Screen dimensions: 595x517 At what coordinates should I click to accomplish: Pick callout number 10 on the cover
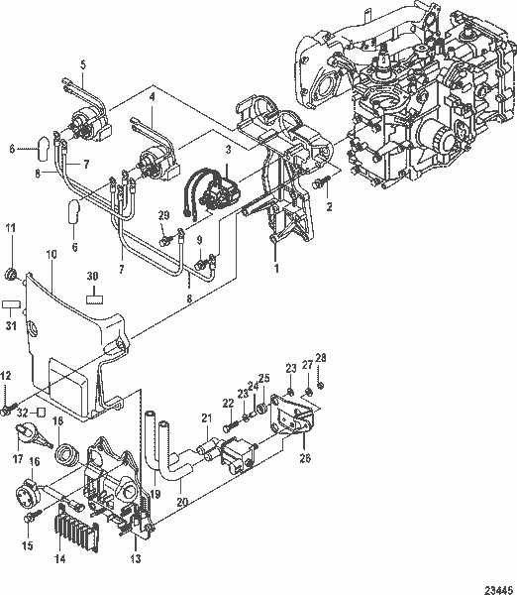point(51,255)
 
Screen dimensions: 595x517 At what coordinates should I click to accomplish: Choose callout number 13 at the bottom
point(136,559)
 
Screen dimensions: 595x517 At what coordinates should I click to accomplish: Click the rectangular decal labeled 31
point(12,304)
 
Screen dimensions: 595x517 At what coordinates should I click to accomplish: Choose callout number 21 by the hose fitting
point(207,417)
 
